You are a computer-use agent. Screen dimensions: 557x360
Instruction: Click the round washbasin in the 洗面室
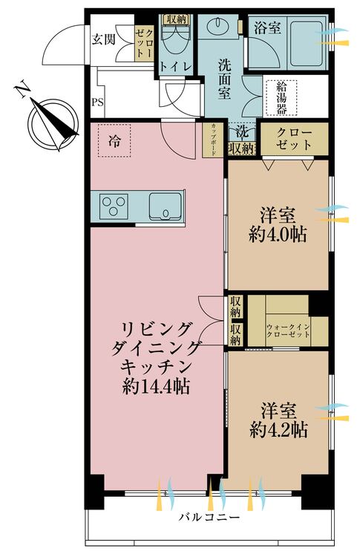[220, 28]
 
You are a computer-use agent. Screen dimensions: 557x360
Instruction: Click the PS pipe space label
[96, 102]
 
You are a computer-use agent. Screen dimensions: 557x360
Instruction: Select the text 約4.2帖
[279, 429]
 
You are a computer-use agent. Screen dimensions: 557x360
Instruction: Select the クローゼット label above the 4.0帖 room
[294, 138]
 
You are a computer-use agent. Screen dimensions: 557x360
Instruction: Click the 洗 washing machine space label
[242, 133]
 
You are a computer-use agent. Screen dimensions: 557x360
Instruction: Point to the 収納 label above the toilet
[176, 19]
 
